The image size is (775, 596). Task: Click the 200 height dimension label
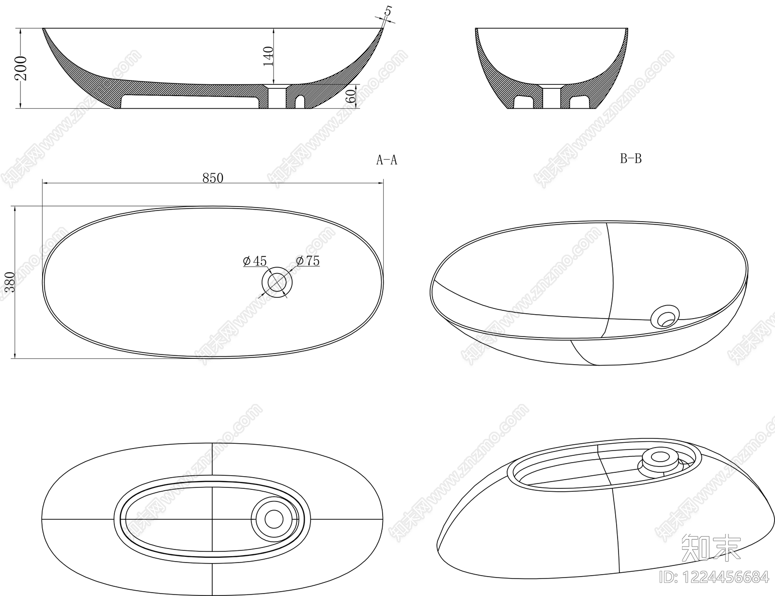point(21,68)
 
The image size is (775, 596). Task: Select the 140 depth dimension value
point(268,56)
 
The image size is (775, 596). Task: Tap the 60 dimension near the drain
point(351,96)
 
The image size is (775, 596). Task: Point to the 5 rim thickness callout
point(388,11)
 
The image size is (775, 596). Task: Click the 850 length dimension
point(213,178)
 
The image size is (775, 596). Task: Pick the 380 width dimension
point(10,282)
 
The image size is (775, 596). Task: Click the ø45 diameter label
point(255,261)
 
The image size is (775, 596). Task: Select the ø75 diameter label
point(308,261)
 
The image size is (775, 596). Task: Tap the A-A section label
point(387,160)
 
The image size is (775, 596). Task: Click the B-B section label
point(631,159)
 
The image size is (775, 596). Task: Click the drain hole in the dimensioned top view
point(277,282)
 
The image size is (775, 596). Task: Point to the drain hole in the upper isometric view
point(665,316)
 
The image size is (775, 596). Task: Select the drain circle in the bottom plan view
point(274,519)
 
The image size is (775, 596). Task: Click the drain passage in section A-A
point(277,97)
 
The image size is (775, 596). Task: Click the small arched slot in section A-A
point(300,101)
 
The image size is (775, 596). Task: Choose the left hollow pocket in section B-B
point(524,102)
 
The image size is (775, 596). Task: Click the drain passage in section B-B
point(552,97)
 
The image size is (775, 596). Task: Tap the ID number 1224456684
point(713,577)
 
